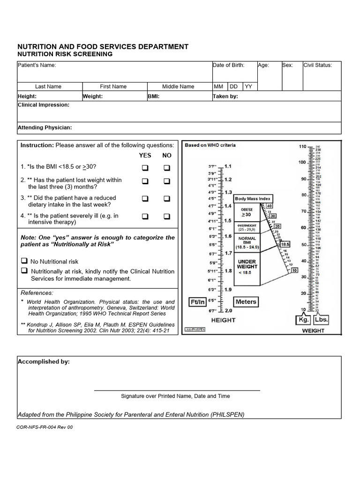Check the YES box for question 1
[x=145, y=168]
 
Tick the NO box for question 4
[x=166, y=216]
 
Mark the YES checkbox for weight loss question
[x=145, y=181]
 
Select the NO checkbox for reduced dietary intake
[x=166, y=199]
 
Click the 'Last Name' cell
[x=48, y=87]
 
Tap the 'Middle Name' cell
[x=178, y=87]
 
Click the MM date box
[x=219, y=87]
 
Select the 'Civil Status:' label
[x=317, y=65]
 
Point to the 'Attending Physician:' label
[x=45, y=127]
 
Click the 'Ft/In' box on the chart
[x=197, y=302]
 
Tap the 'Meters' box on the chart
[x=246, y=302]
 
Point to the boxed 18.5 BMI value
[x=285, y=244]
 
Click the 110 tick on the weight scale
[x=302, y=147]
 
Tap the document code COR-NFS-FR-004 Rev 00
[x=45, y=427]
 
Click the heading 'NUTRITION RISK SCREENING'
[x=65, y=54]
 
